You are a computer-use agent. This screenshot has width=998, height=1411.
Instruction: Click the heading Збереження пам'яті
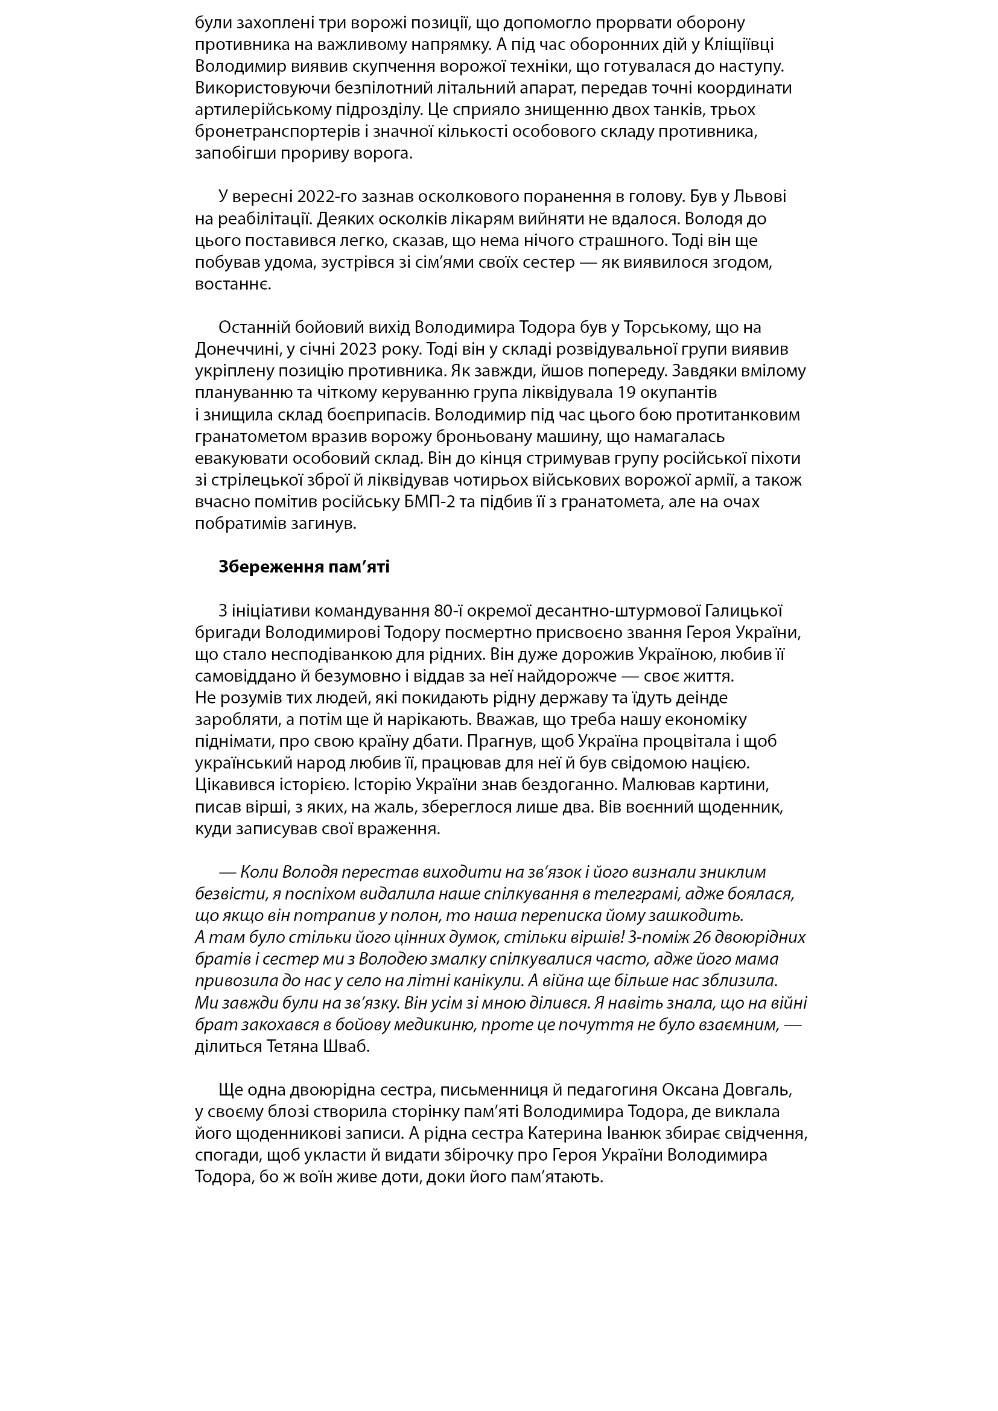[x=304, y=567]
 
